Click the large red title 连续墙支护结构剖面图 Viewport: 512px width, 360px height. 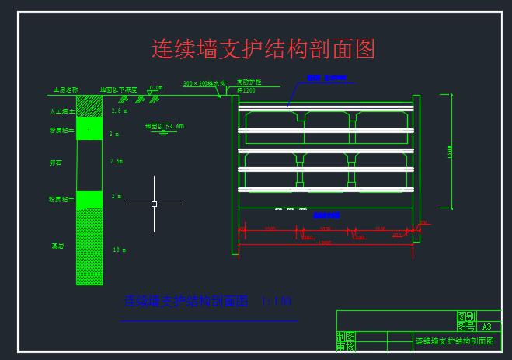point(263,50)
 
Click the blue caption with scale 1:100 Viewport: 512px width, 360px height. point(207,301)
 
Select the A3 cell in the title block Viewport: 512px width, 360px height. point(487,327)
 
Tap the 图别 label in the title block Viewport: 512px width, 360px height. point(465,316)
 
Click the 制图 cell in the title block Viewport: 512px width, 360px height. point(346,337)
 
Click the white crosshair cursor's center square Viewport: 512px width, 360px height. point(154,204)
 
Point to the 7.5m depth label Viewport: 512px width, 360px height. point(117,161)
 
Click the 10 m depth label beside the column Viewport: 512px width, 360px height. point(119,250)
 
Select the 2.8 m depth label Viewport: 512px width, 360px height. point(119,112)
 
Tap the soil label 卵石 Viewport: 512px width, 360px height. point(55,163)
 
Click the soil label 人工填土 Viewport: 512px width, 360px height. point(60,113)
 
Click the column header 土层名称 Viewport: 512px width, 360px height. point(64,90)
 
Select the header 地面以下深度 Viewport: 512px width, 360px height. point(118,90)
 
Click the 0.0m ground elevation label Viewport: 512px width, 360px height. point(155,88)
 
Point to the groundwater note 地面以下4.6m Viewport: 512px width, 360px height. point(164,125)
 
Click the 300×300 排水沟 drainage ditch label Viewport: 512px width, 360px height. point(204,83)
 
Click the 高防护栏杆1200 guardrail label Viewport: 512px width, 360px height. point(248,86)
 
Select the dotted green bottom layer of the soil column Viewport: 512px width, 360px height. point(89,246)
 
